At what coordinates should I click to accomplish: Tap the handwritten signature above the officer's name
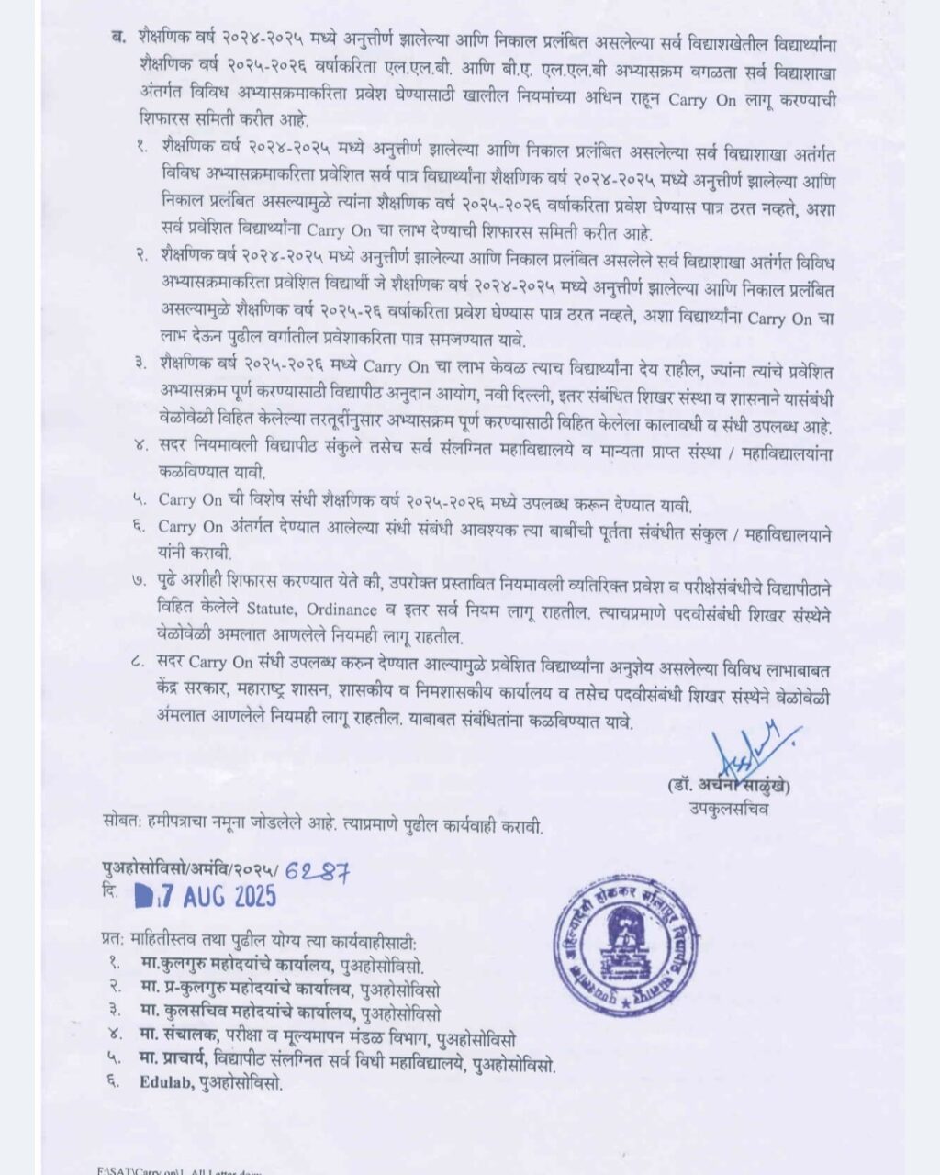click(747, 749)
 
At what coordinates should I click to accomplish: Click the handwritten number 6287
click(317, 873)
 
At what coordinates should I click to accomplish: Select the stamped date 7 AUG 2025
click(207, 896)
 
